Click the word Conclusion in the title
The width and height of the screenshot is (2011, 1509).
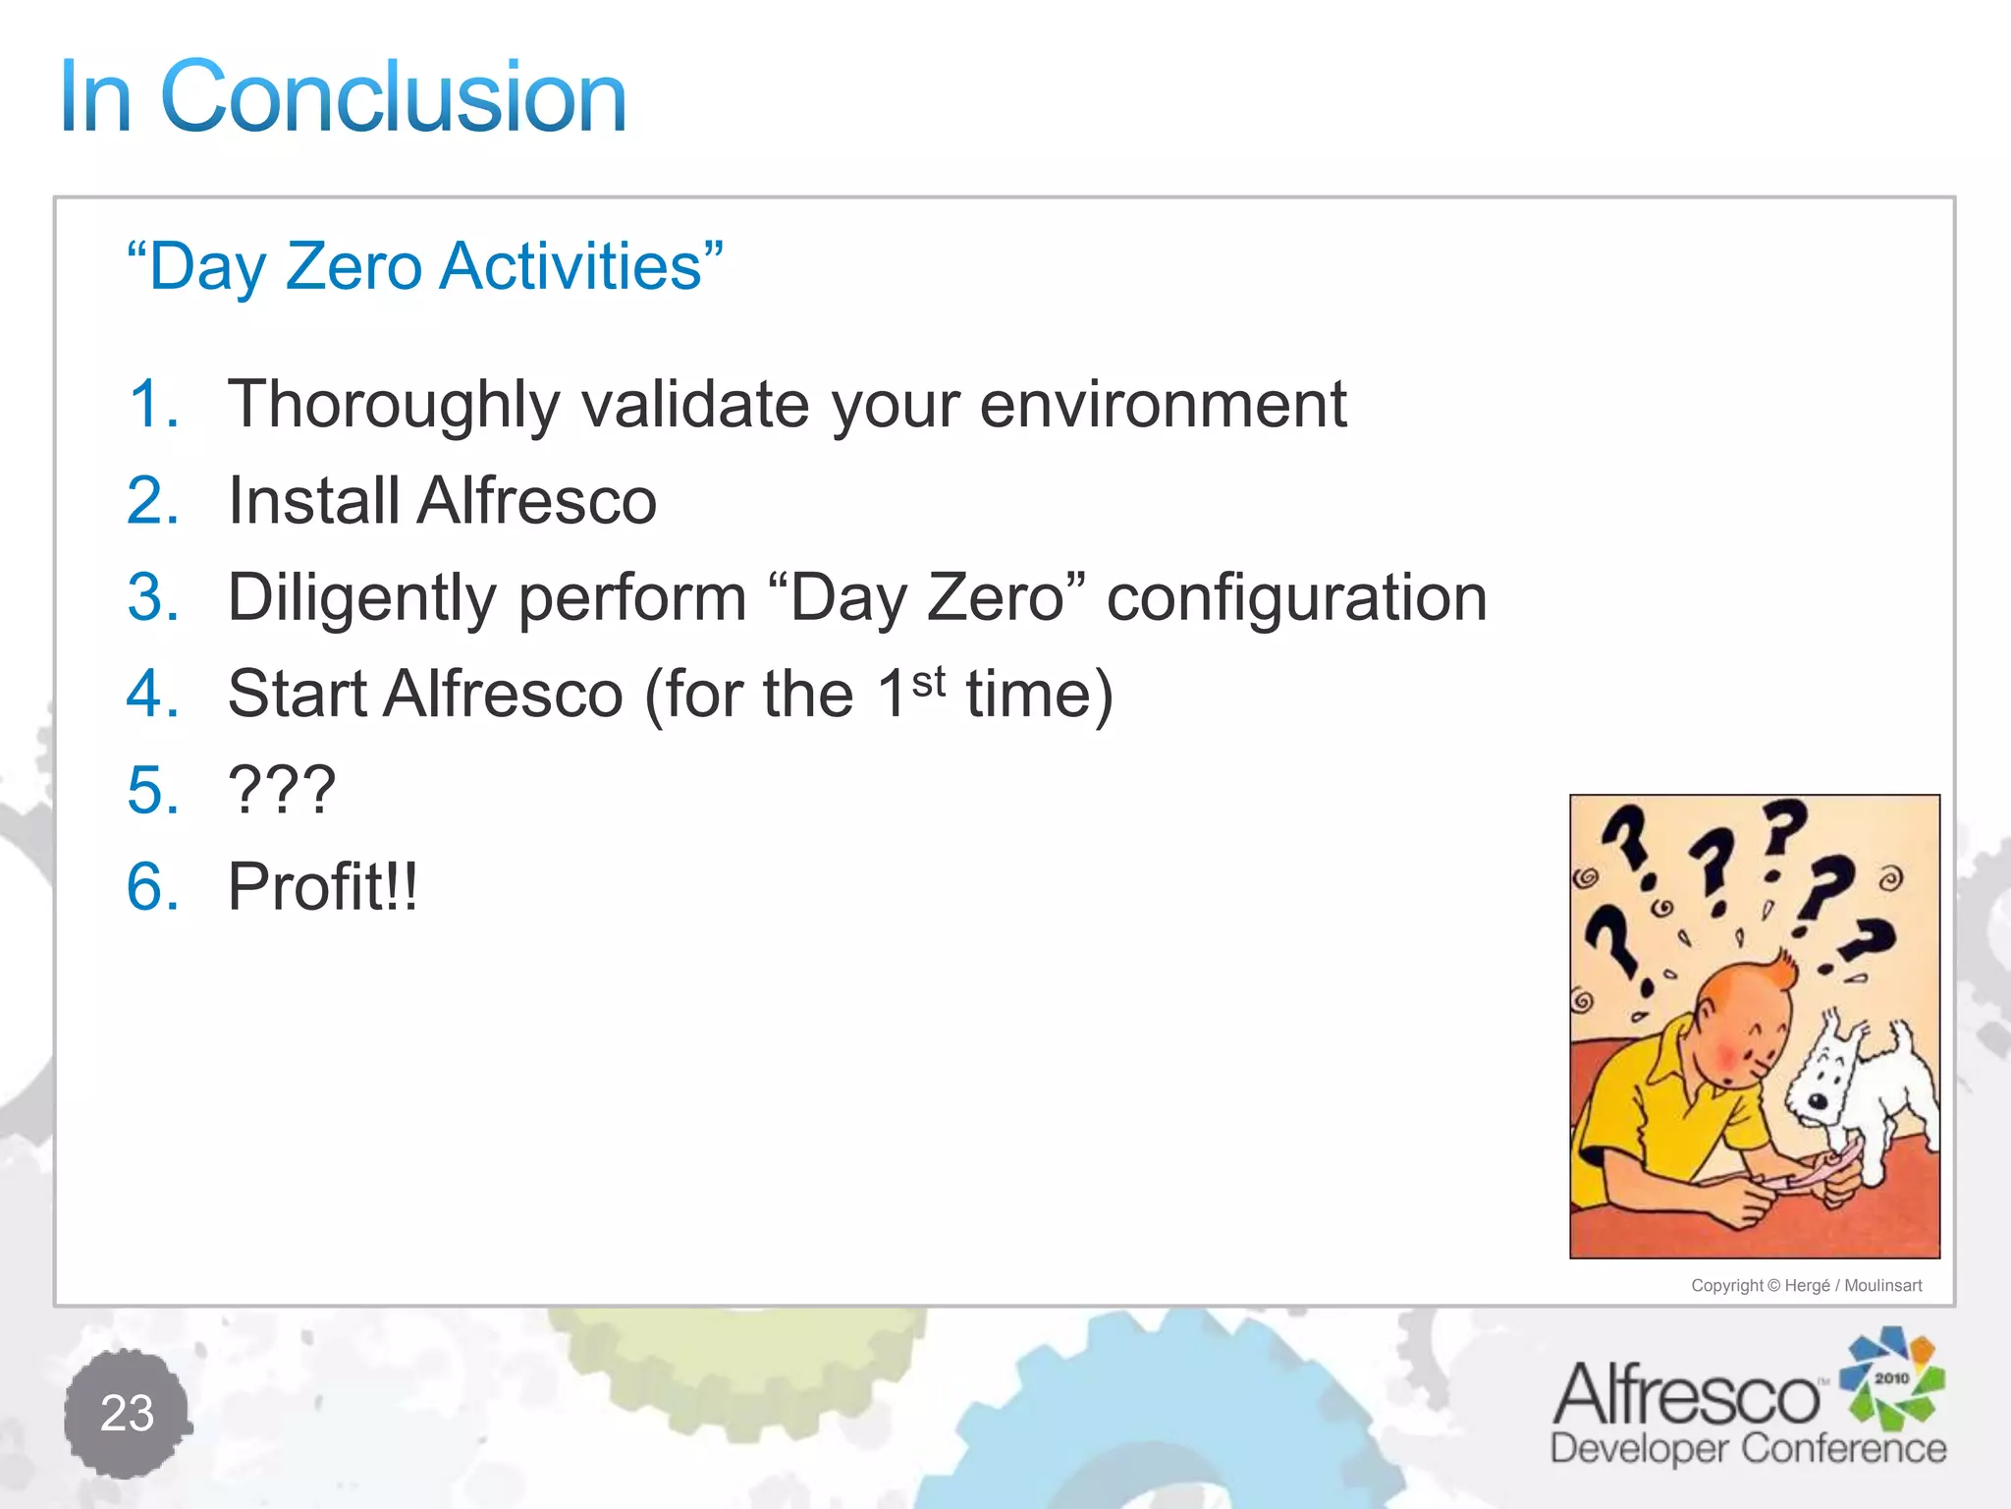click(393, 98)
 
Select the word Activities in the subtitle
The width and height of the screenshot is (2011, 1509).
click(571, 267)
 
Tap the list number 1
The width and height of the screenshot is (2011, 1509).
click(152, 404)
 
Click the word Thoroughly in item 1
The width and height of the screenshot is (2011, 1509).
click(393, 406)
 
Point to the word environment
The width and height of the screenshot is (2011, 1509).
click(1163, 406)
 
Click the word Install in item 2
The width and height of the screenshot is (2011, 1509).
click(313, 500)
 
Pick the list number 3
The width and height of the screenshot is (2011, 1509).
click(152, 596)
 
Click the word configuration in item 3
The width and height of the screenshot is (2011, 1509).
click(1296, 598)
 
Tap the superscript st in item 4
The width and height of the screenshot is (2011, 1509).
click(928, 681)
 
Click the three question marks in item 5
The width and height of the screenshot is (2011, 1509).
click(282, 790)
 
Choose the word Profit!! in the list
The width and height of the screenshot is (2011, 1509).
click(323, 886)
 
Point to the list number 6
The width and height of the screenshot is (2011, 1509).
click(152, 886)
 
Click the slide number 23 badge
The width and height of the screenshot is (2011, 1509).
click(128, 1413)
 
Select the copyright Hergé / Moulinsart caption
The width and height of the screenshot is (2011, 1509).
click(1806, 1286)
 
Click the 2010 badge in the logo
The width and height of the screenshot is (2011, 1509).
click(1891, 1378)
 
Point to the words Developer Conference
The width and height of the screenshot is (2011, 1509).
click(1748, 1449)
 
